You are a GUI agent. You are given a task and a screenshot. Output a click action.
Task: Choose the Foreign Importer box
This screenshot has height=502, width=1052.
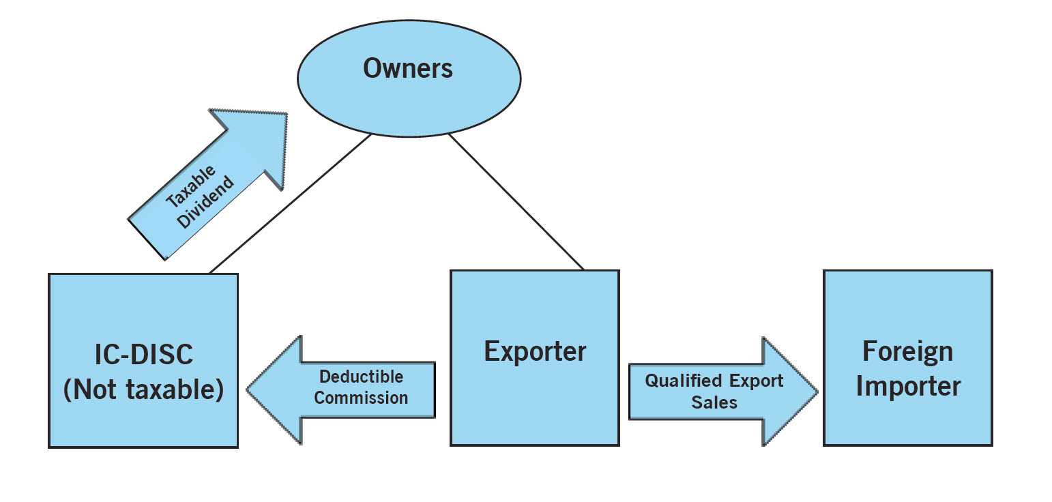coord(907,423)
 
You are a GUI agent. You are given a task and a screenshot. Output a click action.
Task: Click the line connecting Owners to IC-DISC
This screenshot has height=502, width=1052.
coord(290,203)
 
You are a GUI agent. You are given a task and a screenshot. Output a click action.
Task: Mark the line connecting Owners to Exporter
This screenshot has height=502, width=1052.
coord(516,202)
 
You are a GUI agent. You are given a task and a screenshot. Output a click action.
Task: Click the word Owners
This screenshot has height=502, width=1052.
coord(408,68)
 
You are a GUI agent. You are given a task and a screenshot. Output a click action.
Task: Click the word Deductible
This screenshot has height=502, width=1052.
coord(362,376)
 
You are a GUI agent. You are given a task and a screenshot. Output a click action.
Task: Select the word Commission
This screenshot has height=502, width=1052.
coord(362,398)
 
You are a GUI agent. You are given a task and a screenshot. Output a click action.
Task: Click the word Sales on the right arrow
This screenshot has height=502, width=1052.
coord(714,402)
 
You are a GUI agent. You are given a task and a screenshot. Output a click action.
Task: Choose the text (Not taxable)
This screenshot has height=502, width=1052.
coord(143,390)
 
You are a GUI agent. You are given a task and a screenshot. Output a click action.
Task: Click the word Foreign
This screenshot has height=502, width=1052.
coord(907,352)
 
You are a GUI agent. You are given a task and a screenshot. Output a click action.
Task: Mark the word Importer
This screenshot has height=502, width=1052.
coord(908,386)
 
